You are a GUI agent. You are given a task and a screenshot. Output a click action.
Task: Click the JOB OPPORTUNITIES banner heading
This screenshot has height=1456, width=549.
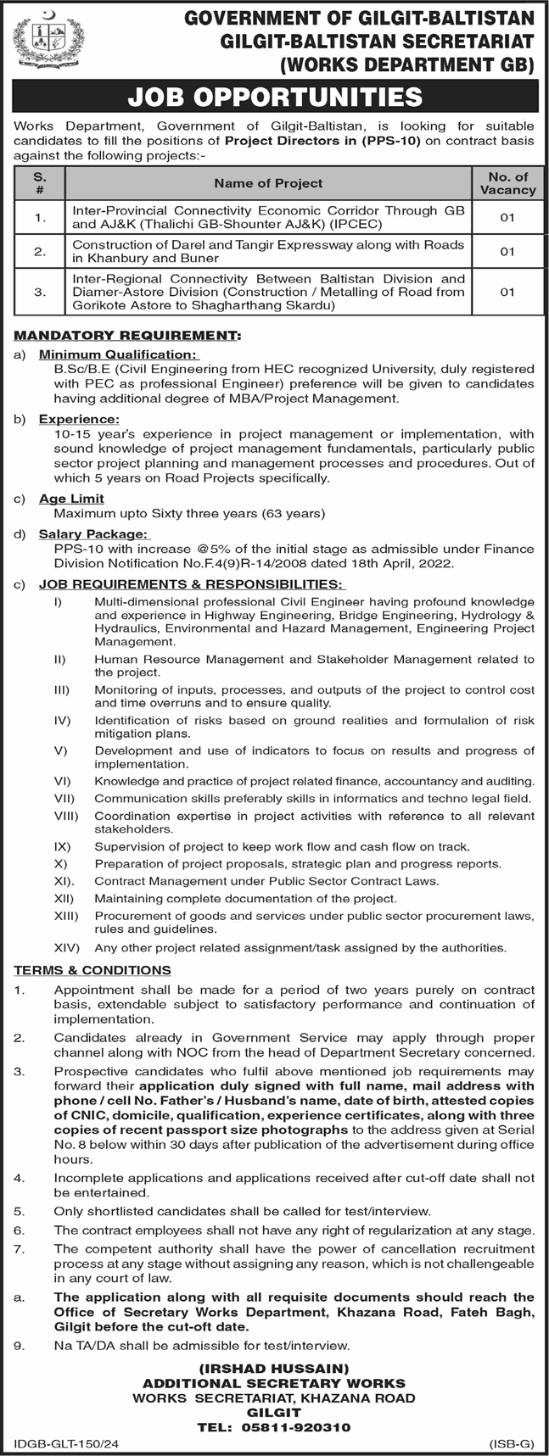coord(275,98)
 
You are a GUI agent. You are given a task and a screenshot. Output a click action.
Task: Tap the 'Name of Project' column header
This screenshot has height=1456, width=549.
coord(268,183)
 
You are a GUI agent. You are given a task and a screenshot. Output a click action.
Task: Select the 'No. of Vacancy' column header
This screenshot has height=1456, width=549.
coord(507,183)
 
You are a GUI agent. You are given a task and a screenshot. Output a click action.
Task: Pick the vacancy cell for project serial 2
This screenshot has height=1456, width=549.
coord(507,252)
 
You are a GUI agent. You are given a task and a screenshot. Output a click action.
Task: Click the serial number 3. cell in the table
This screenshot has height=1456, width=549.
coord(39,292)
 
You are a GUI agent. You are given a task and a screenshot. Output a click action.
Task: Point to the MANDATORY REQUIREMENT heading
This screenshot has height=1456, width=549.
coord(127,336)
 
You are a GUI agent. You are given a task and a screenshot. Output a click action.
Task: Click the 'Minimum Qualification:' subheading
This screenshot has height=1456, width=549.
coord(118,354)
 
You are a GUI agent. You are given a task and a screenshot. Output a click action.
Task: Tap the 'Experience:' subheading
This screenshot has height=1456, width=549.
coord(79,419)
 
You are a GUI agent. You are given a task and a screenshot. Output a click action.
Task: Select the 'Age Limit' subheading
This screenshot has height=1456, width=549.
coord(71,499)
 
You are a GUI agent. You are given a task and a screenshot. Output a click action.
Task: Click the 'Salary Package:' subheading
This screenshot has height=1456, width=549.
coord(93,534)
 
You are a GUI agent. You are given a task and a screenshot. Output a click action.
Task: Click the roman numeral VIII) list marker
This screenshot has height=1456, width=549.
coord(65,816)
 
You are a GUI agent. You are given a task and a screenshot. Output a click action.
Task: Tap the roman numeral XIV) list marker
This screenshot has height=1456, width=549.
coord(66,947)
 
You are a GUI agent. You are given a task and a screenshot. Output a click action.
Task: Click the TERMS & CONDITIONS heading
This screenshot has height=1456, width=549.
coord(92,970)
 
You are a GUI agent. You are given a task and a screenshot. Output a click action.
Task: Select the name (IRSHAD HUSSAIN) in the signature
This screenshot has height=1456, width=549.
coord(274,1368)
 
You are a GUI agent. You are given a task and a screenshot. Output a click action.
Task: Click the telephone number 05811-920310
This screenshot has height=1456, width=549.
coord(304,1427)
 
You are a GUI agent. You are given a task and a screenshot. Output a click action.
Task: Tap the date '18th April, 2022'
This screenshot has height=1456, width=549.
coord(398,563)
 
